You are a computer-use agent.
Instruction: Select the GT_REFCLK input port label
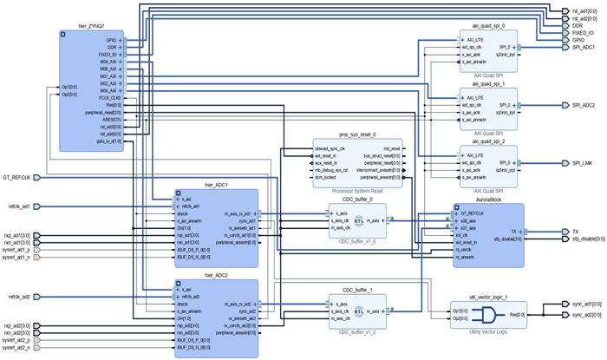point(17,177)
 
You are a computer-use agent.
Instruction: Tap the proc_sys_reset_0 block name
point(357,135)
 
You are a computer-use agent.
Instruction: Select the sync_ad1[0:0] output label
point(587,304)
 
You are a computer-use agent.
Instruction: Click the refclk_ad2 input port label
point(19,297)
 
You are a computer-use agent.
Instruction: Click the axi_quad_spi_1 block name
point(488,84)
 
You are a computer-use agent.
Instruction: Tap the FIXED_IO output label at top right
point(582,32)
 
